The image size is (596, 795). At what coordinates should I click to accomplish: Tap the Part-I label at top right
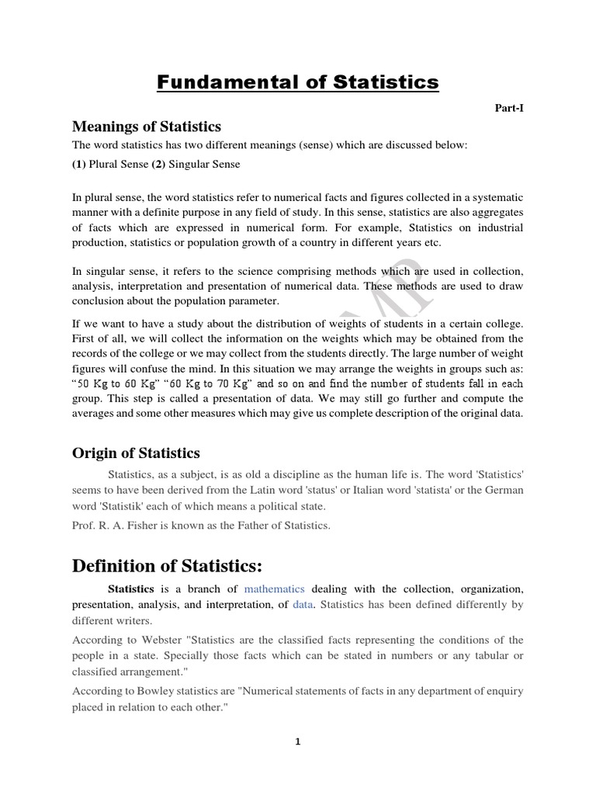509,109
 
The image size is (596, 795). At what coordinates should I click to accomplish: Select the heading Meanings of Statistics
147,126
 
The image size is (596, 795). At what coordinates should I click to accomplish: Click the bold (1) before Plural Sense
79,164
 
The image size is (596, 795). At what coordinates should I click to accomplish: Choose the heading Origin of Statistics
136,453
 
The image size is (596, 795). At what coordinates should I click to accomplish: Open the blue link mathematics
274,589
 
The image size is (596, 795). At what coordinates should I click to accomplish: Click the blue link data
303,605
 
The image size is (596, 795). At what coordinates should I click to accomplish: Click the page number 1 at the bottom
297,741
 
